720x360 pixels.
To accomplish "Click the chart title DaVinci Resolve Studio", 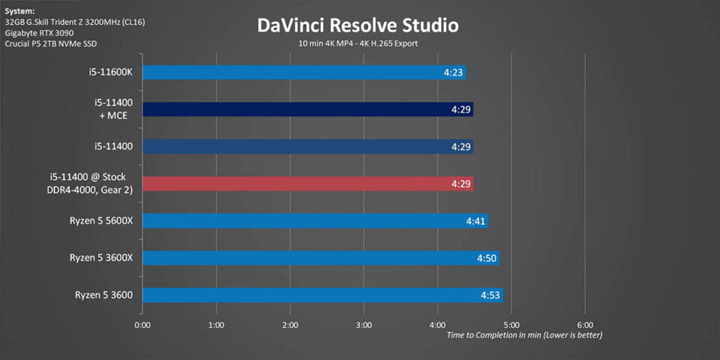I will (358, 25).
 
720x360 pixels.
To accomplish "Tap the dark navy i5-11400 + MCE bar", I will (307, 109).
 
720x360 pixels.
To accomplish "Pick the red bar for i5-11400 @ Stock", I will (307, 184).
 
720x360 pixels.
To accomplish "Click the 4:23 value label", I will (454, 73).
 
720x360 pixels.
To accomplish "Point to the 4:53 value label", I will (490, 295).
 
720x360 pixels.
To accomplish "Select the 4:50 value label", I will (487, 258).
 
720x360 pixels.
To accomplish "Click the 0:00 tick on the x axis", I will (142, 325).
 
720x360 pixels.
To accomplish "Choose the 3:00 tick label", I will (364, 325).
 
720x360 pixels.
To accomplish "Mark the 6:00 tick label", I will (586, 325).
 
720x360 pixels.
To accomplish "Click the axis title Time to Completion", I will (523, 335).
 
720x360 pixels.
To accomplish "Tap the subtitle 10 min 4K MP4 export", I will (358, 43).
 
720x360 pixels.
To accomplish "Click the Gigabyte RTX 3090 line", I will (40, 33).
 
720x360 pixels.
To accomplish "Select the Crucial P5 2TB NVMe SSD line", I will (57, 44).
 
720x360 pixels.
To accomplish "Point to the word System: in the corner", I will (19, 10).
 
